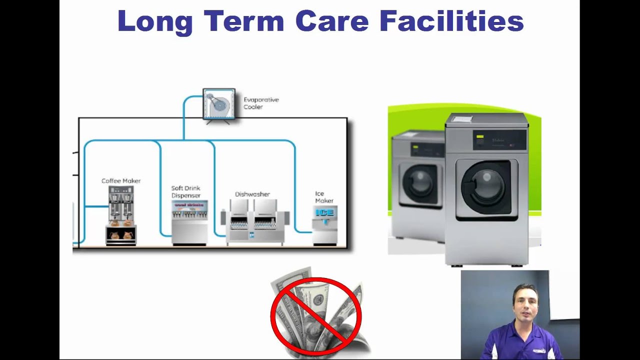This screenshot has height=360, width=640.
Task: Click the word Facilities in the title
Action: click(x=451, y=21)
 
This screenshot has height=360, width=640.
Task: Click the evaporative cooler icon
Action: click(x=218, y=104)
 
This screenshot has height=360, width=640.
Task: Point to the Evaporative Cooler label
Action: click(x=261, y=103)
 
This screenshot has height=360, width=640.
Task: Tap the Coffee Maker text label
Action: click(x=121, y=180)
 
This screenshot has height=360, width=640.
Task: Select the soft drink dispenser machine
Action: click(x=189, y=222)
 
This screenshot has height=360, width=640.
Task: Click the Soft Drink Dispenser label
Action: click(x=186, y=192)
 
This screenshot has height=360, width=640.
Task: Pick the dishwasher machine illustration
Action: click(x=253, y=221)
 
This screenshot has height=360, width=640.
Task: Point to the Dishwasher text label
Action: click(x=252, y=194)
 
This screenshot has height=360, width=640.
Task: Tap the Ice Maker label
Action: click(x=324, y=197)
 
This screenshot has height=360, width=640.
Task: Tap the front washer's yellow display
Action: click(x=480, y=136)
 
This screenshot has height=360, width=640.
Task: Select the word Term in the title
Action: click(x=243, y=21)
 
